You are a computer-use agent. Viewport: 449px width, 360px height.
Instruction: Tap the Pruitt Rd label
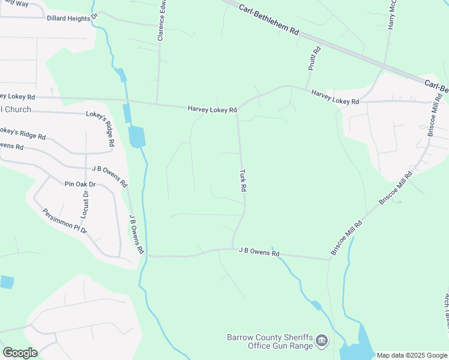pos(314,59)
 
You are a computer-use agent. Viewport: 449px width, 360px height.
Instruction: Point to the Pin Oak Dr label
pos(80,184)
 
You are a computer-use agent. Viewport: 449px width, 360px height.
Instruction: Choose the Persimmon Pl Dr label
pos(65,221)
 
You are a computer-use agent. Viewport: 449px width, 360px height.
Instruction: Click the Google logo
pos(20,352)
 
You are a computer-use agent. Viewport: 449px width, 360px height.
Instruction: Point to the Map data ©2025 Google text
pos(412,355)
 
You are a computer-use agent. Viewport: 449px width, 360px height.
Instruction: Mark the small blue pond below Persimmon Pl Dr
pos(6,281)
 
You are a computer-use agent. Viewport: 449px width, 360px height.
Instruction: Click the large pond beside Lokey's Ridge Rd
pos(136,137)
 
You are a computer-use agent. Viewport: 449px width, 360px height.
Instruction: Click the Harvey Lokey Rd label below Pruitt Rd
pos(334,97)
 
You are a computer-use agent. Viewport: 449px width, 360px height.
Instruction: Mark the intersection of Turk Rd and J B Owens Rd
pos(233,248)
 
